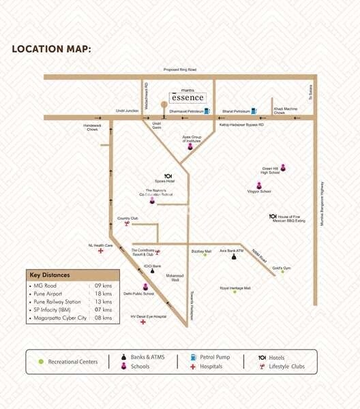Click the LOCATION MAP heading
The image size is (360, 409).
click(x=51, y=49)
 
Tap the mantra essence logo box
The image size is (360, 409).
click(x=187, y=97)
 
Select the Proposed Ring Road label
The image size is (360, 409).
click(x=179, y=70)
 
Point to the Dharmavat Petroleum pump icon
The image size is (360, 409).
click(x=207, y=110)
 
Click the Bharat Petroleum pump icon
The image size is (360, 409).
click(x=254, y=110)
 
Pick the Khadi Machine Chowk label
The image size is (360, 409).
click(x=286, y=110)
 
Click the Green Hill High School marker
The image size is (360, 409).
click(x=283, y=168)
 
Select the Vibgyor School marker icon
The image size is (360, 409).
click(x=259, y=185)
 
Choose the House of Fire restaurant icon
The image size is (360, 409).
click(x=272, y=217)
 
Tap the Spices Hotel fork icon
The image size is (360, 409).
click(x=168, y=176)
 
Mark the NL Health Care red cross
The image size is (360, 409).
click(x=101, y=251)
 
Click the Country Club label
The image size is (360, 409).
click(x=127, y=219)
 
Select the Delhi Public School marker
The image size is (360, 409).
click(x=145, y=286)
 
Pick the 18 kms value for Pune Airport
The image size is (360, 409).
click(x=103, y=292)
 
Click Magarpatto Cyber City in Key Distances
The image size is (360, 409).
click(x=57, y=318)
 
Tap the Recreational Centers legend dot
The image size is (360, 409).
click(x=42, y=361)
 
